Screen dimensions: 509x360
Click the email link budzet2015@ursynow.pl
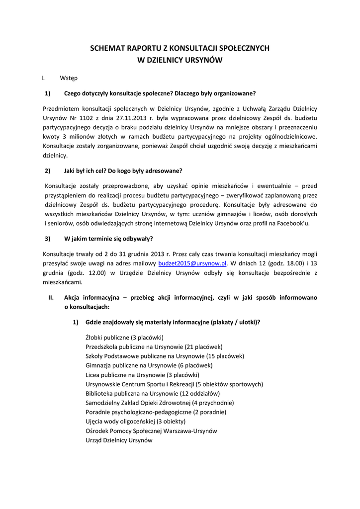pyautogui.click(x=192, y=263)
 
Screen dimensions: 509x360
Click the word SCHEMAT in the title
pyautogui.click(x=107, y=49)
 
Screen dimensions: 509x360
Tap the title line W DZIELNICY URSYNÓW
pyautogui.click(x=180, y=60)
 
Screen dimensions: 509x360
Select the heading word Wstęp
pyautogui.click(x=69, y=78)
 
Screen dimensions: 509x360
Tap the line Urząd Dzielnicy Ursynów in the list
pyautogui.click(x=119, y=440)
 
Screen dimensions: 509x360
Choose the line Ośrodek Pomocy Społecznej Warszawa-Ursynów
pyautogui.click(x=151, y=431)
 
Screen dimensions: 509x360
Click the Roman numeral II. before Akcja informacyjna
pyautogui.click(x=51, y=298)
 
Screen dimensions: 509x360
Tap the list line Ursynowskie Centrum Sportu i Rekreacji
pyautogui.click(x=174, y=384)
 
